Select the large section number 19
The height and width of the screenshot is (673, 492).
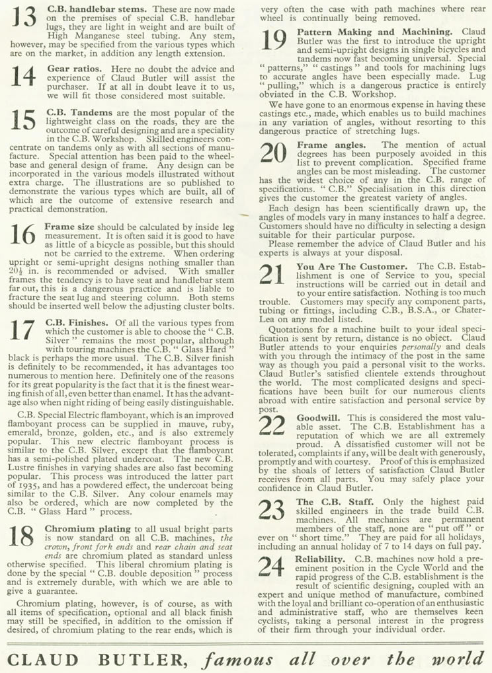point(274,41)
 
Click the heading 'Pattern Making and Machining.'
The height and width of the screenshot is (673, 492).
point(375,32)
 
